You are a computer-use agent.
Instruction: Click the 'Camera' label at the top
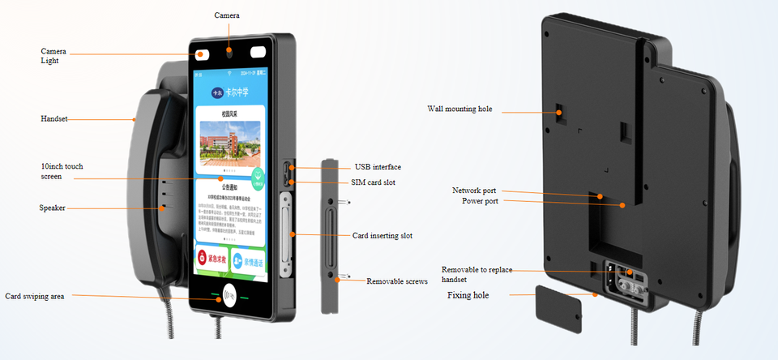227,15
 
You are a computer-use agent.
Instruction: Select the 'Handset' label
54,119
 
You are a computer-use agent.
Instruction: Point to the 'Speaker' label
53,208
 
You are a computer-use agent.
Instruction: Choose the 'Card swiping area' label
35,297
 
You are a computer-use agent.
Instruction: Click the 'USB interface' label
378,167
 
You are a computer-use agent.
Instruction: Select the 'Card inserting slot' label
383,236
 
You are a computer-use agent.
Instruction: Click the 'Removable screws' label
397,281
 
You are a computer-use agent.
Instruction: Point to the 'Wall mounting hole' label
460,109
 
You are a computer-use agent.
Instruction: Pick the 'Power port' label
481,201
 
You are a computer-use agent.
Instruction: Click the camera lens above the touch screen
231,52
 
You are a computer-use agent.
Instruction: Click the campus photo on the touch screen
230,139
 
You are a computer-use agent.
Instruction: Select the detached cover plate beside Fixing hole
559,307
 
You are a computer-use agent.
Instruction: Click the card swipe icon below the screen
230,298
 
